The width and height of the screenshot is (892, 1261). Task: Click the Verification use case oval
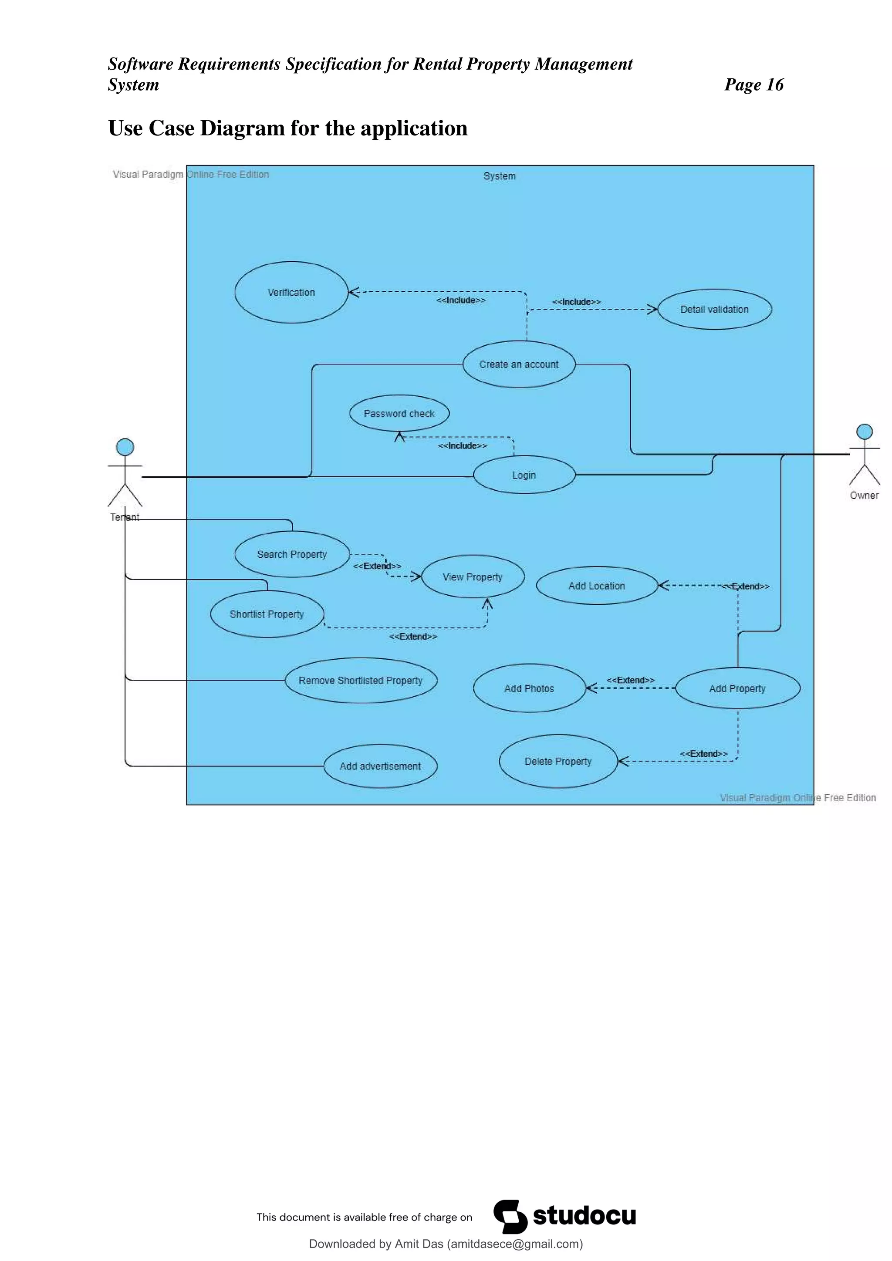pyautogui.click(x=291, y=292)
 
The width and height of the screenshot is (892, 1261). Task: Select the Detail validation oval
pyautogui.click(x=714, y=309)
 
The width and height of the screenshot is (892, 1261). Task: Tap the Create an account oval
pyautogui.click(x=518, y=364)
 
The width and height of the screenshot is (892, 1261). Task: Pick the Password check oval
pyautogui.click(x=399, y=414)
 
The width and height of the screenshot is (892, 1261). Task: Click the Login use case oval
pyautogui.click(x=524, y=475)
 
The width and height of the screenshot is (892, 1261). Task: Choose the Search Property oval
pyautogui.click(x=292, y=554)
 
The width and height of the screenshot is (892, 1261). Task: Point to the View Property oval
pyautogui.click(x=473, y=577)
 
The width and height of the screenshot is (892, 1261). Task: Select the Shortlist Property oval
pyautogui.click(x=267, y=614)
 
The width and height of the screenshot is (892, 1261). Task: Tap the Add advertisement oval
pyautogui.click(x=380, y=766)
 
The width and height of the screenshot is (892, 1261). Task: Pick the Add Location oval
pyautogui.click(x=597, y=586)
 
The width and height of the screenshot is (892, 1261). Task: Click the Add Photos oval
pyautogui.click(x=529, y=688)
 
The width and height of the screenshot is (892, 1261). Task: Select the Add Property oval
pyautogui.click(x=737, y=688)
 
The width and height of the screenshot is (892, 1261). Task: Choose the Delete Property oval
pyautogui.click(x=558, y=761)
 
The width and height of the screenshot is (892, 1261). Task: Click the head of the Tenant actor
pyautogui.click(x=125, y=447)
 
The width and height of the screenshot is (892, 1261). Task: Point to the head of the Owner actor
pyautogui.click(x=865, y=432)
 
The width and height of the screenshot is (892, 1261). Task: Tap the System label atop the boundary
pyautogui.click(x=499, y=176)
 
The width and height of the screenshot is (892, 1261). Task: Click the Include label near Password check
pyautogui.click(x=463, y=445)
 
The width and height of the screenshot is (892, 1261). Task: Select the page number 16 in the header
pyautogui.click(x=774, y=84)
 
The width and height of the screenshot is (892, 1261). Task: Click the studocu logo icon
pyautogui.click(x=510, y=1217)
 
